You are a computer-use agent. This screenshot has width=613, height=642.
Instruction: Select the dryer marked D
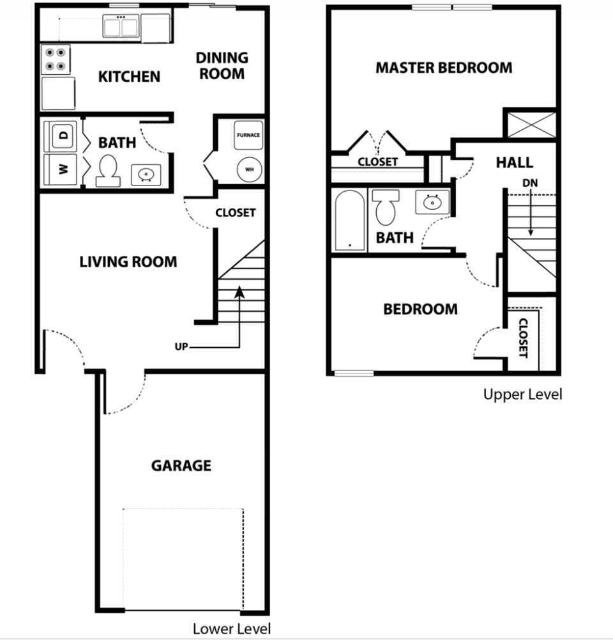[62, 135]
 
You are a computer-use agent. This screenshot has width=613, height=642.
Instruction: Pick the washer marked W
[62, 169]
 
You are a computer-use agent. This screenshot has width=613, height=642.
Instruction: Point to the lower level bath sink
[146, 174]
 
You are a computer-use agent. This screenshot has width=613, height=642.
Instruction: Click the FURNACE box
[248, 136]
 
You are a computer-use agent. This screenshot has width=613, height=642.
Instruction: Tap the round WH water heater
[248, 169]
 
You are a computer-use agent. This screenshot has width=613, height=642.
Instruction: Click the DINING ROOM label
[222, 66]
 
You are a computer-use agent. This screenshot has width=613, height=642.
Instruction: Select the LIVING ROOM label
[128, 262]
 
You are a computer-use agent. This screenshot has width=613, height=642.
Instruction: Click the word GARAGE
[181, 466]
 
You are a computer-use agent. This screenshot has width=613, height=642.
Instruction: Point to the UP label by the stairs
[181, 347]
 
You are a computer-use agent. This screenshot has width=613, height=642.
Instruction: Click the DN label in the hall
[530, 183]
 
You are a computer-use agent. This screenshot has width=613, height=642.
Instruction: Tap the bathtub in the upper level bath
[349, 221]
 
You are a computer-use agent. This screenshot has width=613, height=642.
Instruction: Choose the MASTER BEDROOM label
[443, 68]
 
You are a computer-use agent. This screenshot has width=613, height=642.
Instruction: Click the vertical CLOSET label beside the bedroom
[523, 338]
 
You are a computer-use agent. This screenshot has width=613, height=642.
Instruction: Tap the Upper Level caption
[522, 395]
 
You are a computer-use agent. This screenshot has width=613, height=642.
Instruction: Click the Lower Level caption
[231, 629]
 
